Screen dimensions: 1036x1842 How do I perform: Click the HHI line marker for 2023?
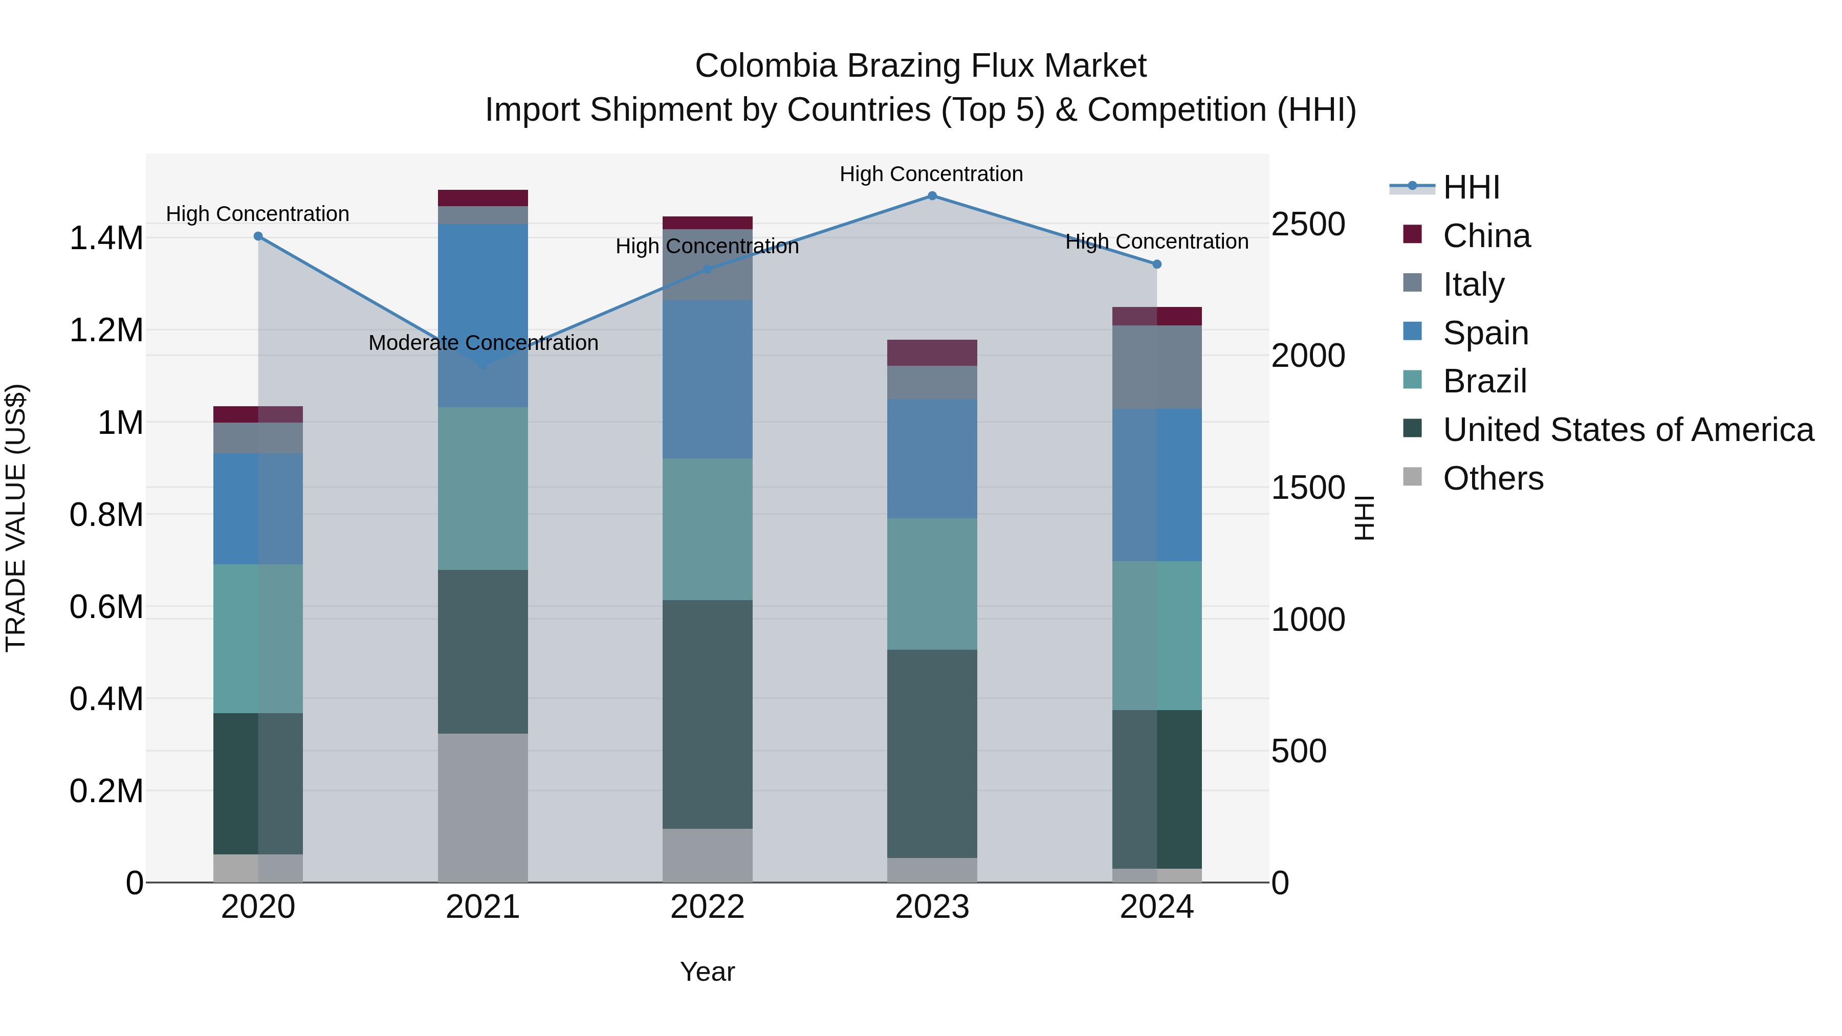pos(932,195)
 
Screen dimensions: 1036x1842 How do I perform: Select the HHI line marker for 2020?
pos(258,236)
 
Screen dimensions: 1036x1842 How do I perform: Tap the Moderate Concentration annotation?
pos(484,343)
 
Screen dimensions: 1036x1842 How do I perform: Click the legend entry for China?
pos(1486,236)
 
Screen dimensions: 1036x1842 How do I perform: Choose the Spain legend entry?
pos(1485,333)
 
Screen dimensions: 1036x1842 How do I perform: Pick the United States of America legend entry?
pos(1628,430)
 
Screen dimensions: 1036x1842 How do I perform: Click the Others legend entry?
pos(1493,478)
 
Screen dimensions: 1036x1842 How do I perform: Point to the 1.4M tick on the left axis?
pos(106,238)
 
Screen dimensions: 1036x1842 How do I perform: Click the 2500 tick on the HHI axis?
pos(1308,224)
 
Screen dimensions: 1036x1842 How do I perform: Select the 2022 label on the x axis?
pos(707,907)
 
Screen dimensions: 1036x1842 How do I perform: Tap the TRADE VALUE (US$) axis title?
pos(16,518)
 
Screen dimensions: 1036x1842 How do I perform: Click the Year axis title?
pos(707,972)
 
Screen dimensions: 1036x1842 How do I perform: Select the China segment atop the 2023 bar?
pos(932,352)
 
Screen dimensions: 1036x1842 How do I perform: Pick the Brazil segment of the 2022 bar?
pos(707,529)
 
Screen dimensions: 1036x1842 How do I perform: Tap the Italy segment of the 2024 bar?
pos(1156,367)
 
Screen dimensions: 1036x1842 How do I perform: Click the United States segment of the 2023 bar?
pos(932,754)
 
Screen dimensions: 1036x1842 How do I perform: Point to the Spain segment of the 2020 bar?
pos(258,509)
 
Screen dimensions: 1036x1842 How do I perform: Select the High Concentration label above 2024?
pos(1156,241)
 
